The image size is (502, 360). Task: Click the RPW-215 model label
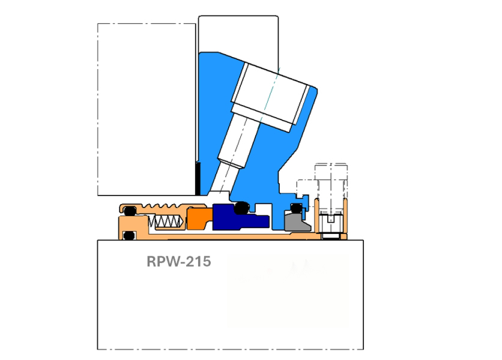pyautogui.click(x=179, y=262)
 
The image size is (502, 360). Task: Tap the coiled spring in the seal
pyautogui.click(x=166, y=221)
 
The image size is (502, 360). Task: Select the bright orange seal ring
pyautogui.click(x=199, y=218)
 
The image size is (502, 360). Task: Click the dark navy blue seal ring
pyautogui.click(x=240, y=218)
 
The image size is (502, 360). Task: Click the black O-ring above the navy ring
pyautogui.click(x=242, y=208)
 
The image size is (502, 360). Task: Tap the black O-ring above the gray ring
pyautogui.click(x=296, y=208)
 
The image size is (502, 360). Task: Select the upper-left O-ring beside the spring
pyautogui.click(x=130, y=211)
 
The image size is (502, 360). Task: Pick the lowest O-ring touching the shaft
pyautogui.click(x=129, y=236)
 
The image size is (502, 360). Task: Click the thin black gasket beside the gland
pyautogui.click(x=198, y=179)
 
